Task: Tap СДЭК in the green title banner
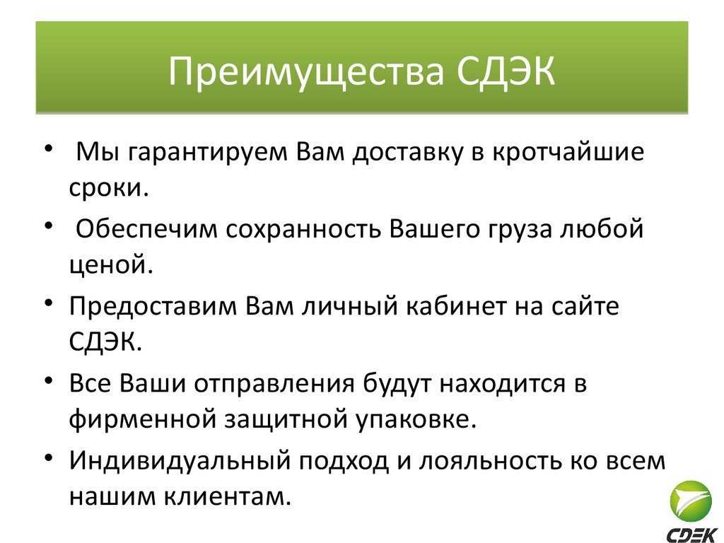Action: click(506, 71)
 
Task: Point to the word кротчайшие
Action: click(568, 152)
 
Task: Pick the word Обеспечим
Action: click(146, 228)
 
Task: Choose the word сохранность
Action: click(303, 230)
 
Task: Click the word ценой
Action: click(111, 266)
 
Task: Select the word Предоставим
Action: click(153, 306)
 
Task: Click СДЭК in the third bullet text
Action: click(105, 342)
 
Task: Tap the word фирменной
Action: click(143, 419)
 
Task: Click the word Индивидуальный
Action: click(180, 461)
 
